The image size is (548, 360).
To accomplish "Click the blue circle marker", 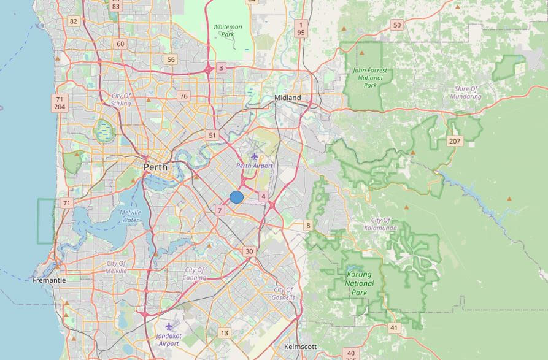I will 236,197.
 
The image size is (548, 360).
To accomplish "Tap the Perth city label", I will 155,167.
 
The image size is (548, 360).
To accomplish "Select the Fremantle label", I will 49,280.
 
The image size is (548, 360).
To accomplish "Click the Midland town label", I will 288,98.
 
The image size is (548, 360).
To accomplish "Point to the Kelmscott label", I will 301,347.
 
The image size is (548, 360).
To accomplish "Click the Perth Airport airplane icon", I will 255,157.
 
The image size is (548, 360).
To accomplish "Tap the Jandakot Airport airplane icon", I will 169,326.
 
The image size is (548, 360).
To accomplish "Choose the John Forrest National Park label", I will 370,78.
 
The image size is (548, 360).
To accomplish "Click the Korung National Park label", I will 360,283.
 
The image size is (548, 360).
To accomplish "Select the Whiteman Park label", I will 228,31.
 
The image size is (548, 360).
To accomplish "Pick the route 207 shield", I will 454,141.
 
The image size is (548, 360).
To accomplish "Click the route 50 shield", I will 397,25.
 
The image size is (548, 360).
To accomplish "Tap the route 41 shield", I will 393,328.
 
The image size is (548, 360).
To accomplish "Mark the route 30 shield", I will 249,251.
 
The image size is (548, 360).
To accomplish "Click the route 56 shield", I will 171,59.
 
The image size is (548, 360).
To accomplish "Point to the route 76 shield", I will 183,96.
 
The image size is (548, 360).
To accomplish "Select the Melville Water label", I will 130,216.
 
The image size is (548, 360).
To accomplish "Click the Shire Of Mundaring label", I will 466,93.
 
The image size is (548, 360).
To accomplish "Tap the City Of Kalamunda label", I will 385,224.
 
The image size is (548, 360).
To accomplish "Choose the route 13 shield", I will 225,333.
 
